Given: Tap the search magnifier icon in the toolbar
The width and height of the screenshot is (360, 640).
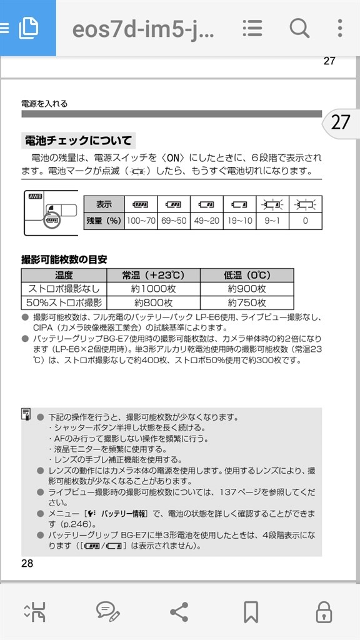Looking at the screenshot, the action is [299, 28].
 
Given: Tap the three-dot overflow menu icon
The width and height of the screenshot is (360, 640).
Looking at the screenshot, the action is [339, 28].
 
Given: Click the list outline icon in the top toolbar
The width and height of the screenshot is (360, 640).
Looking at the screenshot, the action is [252, 28].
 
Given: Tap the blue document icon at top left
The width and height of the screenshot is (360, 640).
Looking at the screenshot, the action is [28, 28].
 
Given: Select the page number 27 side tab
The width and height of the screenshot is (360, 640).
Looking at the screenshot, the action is [340, 121].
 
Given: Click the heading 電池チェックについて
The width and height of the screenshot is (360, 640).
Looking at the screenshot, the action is [78, 140].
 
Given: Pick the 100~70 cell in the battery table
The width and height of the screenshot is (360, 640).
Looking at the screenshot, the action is [141, 221].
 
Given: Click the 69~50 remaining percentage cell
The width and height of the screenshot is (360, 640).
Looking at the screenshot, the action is [173, 221].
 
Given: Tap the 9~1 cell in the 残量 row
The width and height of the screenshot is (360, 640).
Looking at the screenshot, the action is [272, 221].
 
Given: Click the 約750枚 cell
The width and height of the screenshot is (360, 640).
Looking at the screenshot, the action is [247, 302].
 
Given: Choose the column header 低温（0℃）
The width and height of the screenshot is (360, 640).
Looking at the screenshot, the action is [247, 275].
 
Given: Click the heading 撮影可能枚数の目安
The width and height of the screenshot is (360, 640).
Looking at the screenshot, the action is [64, 259].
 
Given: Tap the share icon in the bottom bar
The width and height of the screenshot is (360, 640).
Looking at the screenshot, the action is [179, 611].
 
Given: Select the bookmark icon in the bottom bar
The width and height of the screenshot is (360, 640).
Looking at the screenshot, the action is [251, 611].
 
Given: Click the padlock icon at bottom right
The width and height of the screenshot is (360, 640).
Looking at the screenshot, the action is [323, 611].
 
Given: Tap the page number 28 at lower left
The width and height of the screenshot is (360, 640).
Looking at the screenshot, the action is [27, 563].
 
